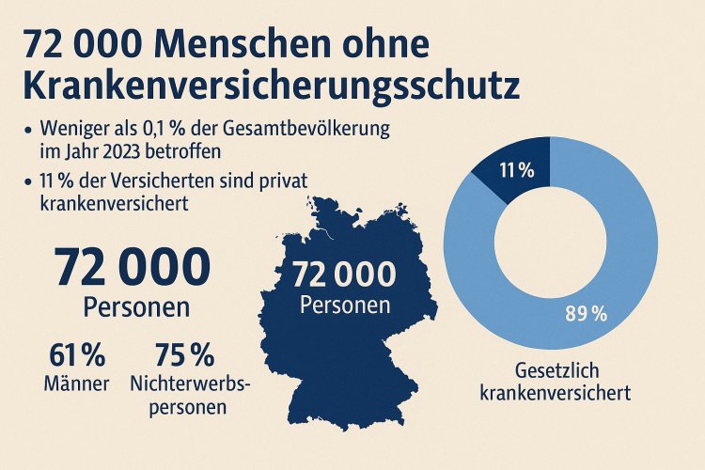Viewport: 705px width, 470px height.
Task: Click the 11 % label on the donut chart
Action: click(516, 170)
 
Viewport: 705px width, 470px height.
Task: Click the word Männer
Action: click(78, 383)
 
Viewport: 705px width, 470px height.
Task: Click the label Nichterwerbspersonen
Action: click(185, 395)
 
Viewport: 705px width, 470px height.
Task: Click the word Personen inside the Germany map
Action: click(343, 305)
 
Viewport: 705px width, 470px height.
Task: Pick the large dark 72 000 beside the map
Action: click(132, 267)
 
